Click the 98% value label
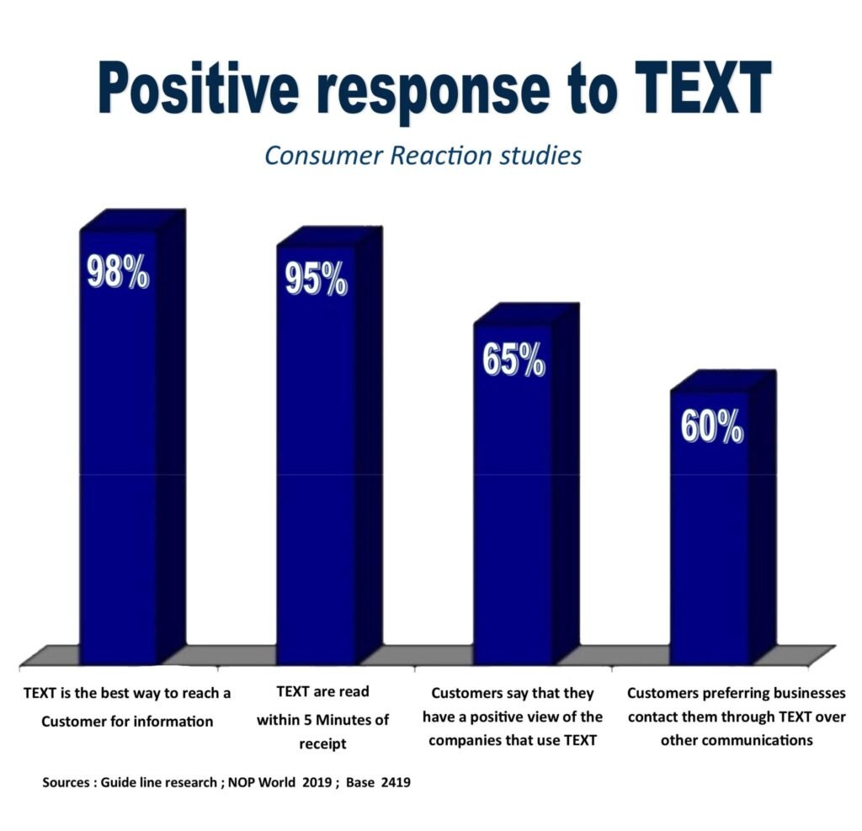click(x=118, y=271)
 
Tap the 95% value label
click(x=317, y=279)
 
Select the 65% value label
click(x=513, y=360)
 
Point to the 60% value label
click(x=712, y=426)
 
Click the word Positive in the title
click(x=199, y=88)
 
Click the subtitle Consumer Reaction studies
click(x=423, y=156)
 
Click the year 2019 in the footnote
click(x=317, y=783)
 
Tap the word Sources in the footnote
click(x=66, y=783)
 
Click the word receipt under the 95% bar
click(x=322, y=744)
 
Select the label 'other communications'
click(x=737, y=740)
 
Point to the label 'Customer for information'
click(x=127, y=722)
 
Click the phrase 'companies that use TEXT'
click(x=513, y=740)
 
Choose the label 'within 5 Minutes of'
click(x=322, y=720)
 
